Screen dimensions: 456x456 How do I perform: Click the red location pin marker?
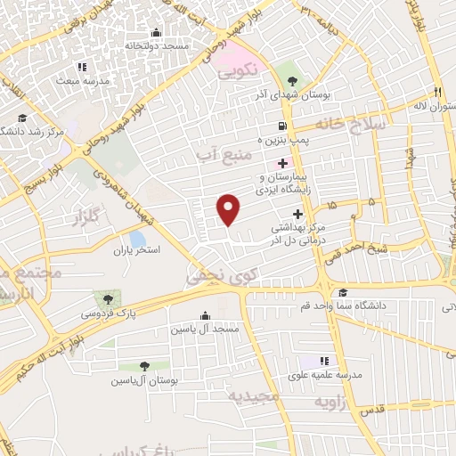(230, 209)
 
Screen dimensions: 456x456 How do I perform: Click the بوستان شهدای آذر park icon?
(285, 69)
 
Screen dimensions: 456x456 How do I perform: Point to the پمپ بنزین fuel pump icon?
(282, 126)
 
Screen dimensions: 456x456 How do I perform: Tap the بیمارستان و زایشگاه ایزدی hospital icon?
(283, 163)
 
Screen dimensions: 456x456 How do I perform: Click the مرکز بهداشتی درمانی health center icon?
(297, 213)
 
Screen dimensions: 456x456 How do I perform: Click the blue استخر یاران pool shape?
(136, 239)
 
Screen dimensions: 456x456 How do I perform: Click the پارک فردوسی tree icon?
(108, 299)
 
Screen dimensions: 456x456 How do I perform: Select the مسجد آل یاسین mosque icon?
(206, 315)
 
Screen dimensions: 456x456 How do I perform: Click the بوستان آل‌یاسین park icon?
(144, 365)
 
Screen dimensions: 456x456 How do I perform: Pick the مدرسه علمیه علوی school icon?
(324, 361)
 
